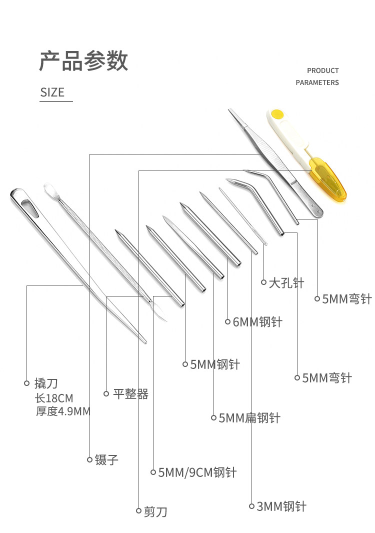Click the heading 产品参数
(x=83, y=60)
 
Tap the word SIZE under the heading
(x=52, y=92)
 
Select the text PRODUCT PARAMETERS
(x=317, y=76)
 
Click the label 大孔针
(x=286, y=282)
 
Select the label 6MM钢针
(x=257, y=322)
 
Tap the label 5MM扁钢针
(x=249, y=417)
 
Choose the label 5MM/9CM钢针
(x=197, y=472)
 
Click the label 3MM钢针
(x=281, y=506)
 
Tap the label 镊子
(x=106, y=459)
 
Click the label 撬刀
(x=46, y=383)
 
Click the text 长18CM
(x=54, y=398)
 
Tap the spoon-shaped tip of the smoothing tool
(x=50, y=190)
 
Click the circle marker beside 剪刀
(x=138, y=510)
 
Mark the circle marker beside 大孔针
(x=264, y=282)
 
